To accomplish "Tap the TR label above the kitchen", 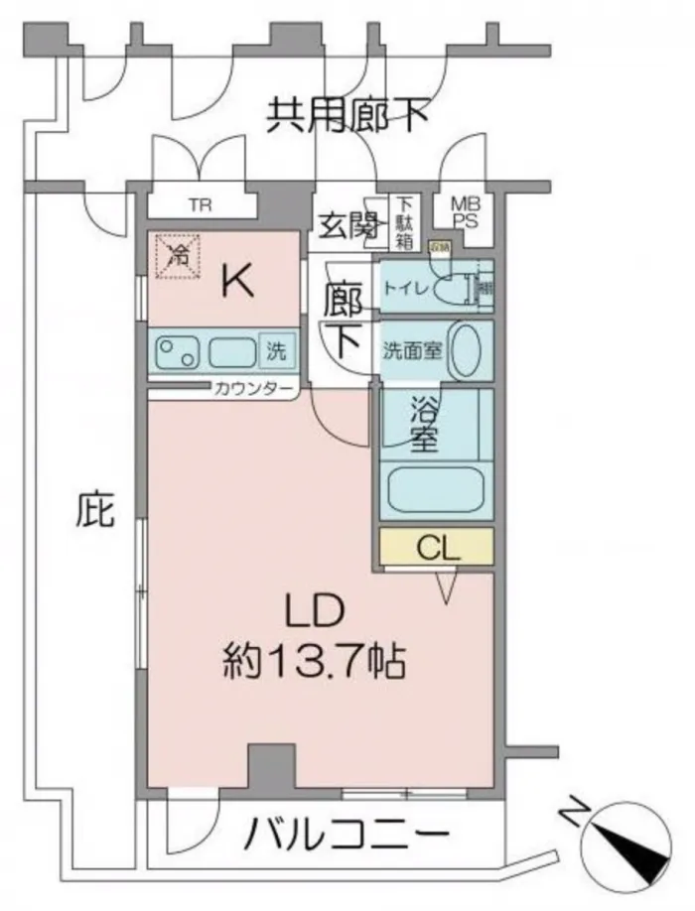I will (202, 206).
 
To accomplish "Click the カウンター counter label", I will (252, 388).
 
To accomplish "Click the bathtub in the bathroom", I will (436, 489).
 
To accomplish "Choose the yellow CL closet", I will (436, 547).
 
